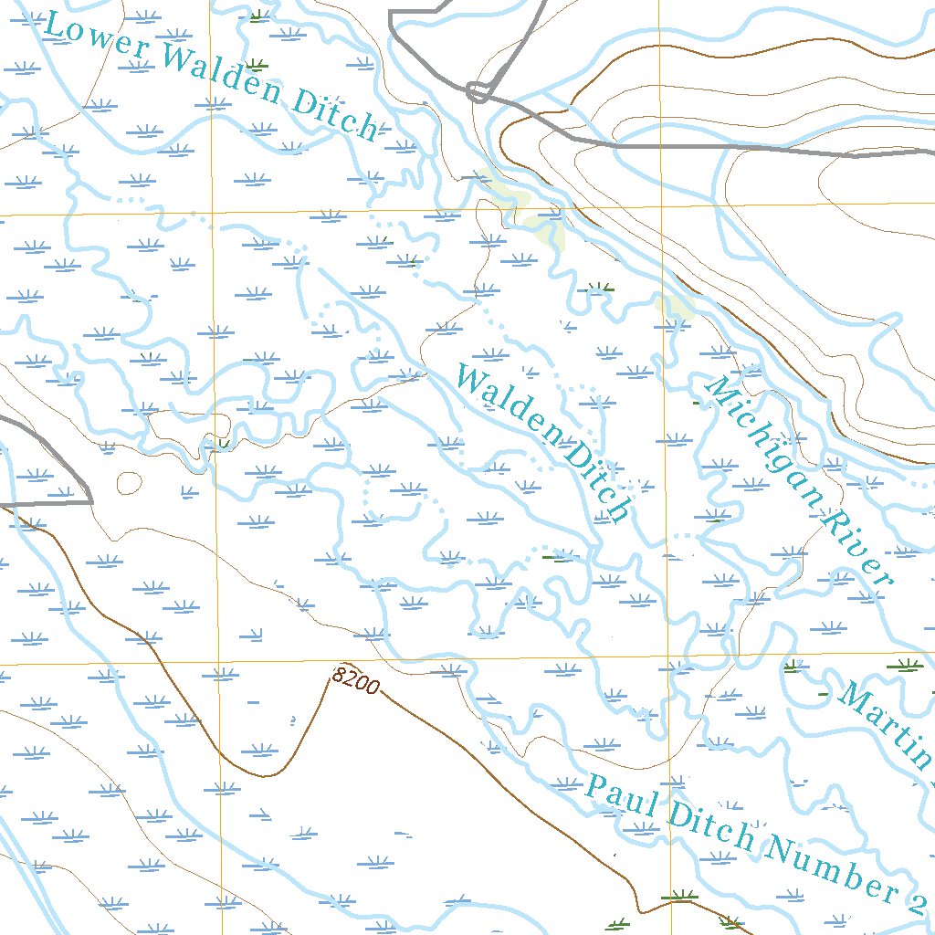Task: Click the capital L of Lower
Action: point(55,25)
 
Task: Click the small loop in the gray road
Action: point(478,91)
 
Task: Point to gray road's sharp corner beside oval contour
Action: point(92,500)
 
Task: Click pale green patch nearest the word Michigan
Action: point(677,306)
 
